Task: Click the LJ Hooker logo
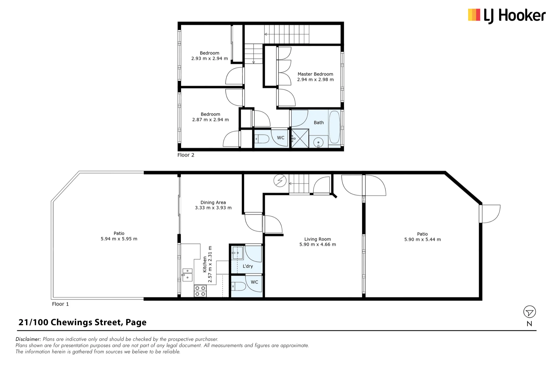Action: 507,15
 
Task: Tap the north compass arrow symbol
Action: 529,312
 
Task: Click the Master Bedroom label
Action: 315,74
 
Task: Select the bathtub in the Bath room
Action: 334,127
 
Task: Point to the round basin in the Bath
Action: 318,142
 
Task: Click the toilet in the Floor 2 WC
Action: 262,139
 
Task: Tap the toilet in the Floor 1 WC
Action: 238,286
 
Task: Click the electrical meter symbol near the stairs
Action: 280,181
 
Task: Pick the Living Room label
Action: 317,239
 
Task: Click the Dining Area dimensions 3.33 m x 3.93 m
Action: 213,208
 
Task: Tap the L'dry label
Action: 248,266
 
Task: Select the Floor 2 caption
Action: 186,155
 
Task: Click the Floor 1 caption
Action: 60,304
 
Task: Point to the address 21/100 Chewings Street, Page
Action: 82,322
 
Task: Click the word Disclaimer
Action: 28,339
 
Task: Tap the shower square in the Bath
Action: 300,138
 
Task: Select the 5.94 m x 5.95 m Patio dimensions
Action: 119,239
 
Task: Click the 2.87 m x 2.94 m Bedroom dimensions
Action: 211,119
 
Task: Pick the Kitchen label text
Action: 205,264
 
